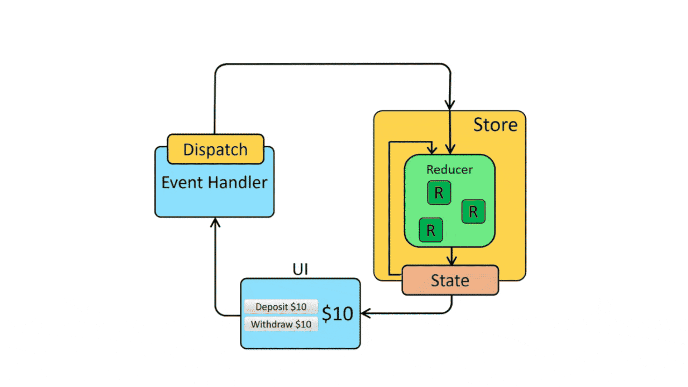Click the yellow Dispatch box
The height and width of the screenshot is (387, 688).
(215, 149)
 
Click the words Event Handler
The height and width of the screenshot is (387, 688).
(214, 182)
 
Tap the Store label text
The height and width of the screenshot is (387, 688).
(495, 125)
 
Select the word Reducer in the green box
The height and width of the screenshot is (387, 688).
(449, 169)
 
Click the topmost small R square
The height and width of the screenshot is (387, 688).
(439, 193)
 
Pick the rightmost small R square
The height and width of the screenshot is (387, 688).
(473, 211)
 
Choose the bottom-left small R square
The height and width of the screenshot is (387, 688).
(431, 230)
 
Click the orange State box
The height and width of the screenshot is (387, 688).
(450, 280)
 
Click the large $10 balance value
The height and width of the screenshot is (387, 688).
(337, 314)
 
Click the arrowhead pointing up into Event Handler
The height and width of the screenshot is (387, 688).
(215, 222)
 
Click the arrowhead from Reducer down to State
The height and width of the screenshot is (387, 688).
(452, 261)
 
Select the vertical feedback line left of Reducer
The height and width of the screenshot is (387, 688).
(390, 208)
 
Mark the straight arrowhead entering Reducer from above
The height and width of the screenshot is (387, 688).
(450, 149)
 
